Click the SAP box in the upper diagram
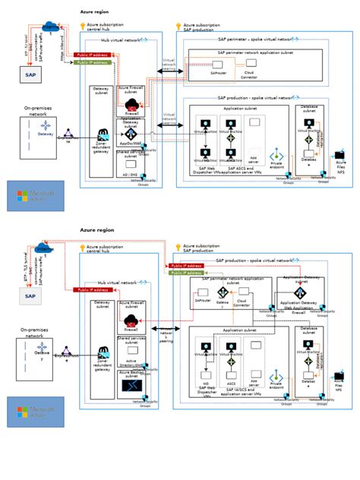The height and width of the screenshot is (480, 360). (x=30, y=74)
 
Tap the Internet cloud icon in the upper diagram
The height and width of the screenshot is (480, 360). (x=51, y=27)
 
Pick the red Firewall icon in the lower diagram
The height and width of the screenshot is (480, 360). (x=131, y=321)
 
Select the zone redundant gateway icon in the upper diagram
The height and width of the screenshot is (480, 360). (x=101, y=134)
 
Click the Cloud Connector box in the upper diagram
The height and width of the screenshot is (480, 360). (x=249, y=74)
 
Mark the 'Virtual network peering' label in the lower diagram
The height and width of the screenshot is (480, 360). (x=165, y=334)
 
